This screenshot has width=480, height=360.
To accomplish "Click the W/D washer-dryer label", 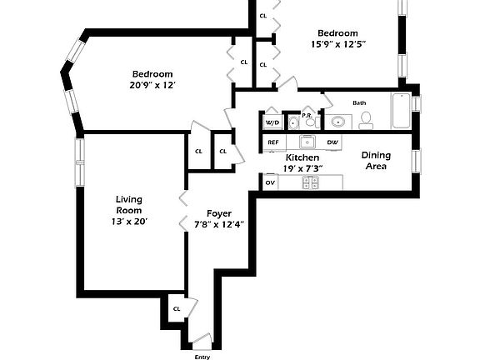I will point(272,123).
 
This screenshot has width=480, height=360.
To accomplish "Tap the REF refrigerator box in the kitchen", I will point(273,142).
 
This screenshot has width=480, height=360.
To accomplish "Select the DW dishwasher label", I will point(332,142).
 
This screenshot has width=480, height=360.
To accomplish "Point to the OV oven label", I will point(270,182).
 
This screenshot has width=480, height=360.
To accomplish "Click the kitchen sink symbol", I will point(308,142).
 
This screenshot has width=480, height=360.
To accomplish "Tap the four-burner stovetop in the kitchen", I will point(310,182).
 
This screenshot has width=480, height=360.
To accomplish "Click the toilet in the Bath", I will point(366,121).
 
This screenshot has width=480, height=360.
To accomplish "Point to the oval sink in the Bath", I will point(338,122).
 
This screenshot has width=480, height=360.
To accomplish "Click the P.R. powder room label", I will point(307,116).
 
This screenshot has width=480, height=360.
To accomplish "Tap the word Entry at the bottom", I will point(202,357).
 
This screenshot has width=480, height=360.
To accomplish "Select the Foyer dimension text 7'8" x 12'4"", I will point(213,224).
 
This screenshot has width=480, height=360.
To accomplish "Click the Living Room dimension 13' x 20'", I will point(131,222).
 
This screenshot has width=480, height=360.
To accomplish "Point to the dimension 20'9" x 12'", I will point(152,85).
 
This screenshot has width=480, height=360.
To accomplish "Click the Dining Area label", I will point(376,160).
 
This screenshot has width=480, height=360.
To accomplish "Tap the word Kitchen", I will point(302,157).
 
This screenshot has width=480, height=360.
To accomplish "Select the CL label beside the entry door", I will point(177,308).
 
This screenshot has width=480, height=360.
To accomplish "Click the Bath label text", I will point(359,103).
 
